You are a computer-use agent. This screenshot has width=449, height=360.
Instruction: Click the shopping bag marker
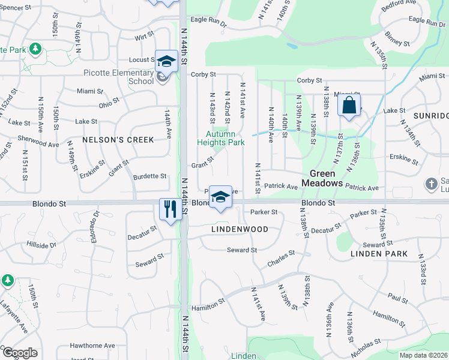349,106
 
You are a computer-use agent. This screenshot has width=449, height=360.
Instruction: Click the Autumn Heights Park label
221,139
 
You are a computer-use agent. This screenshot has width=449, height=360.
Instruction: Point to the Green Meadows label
322,178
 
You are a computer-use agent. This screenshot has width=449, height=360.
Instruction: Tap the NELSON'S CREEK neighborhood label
118,140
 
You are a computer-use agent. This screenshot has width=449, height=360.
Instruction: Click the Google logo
19,353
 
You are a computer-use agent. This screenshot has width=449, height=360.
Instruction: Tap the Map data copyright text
423,355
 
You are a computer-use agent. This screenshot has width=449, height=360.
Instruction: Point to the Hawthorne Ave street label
92,346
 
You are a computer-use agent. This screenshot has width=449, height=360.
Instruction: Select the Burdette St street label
149,176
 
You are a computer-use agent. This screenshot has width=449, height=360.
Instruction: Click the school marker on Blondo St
220,197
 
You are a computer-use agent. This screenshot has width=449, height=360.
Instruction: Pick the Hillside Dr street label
41,245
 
